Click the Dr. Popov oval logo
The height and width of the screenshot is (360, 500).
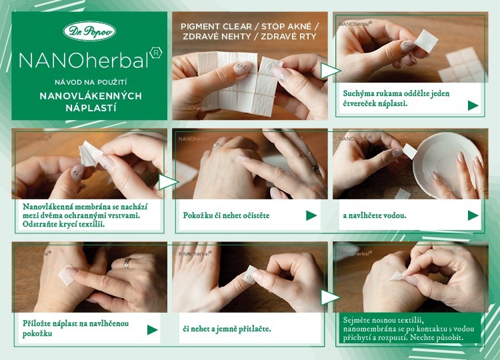89,31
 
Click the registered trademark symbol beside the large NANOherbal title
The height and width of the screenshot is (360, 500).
155,53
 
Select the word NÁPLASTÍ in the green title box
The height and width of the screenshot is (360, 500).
91,108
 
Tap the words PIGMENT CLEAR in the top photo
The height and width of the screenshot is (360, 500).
216,27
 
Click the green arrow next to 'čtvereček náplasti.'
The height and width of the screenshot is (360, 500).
473,105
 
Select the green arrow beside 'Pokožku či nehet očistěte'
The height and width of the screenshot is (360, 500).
311,215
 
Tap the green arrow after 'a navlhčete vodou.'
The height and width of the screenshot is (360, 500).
473,215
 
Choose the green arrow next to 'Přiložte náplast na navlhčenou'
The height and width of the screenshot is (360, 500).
153,330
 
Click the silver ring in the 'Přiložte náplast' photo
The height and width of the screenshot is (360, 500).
128,263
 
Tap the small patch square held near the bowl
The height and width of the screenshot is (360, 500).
409,151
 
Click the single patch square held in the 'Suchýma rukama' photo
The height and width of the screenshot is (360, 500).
426,40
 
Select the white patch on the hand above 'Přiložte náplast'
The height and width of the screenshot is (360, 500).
66,275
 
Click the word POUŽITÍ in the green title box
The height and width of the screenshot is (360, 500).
113,82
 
